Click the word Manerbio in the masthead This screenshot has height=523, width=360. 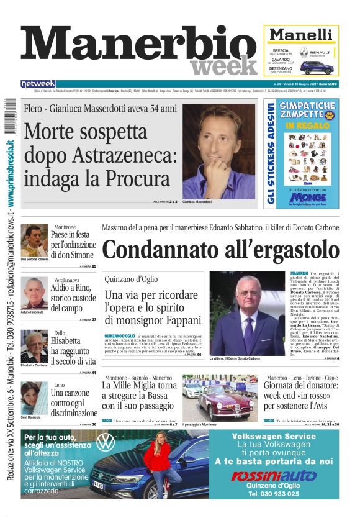coord(137,45)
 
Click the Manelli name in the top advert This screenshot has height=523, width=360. coord(301,34)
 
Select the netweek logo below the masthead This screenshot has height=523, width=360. coord(38,83)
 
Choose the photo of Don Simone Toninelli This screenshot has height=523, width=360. coord(34,240)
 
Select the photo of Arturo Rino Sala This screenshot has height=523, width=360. coord(34,293)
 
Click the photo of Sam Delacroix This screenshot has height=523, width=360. coord(34,397)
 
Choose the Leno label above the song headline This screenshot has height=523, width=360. coord(59,385)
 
